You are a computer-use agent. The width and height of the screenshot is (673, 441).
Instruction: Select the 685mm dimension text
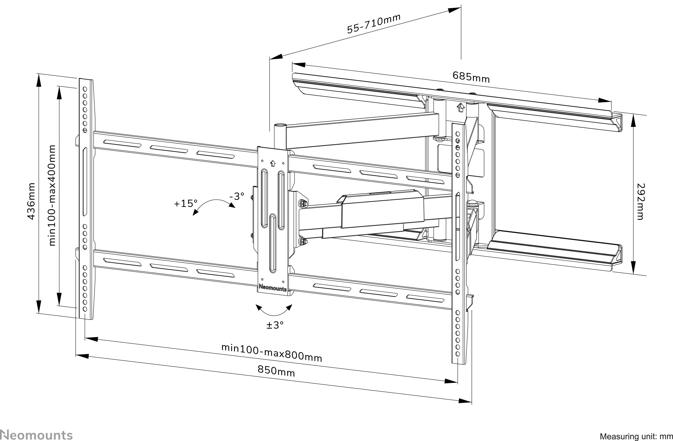pos(471,77)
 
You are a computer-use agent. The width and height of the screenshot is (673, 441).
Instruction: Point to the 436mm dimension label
pos(31,201)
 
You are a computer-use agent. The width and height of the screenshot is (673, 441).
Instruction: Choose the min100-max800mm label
pos(272,353)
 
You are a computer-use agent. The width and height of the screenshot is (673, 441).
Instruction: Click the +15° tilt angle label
pos(185,204)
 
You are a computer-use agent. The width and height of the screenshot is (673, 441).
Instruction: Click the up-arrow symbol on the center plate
pos(272,163)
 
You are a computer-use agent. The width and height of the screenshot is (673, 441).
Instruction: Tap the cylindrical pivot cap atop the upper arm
pos(280,125)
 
